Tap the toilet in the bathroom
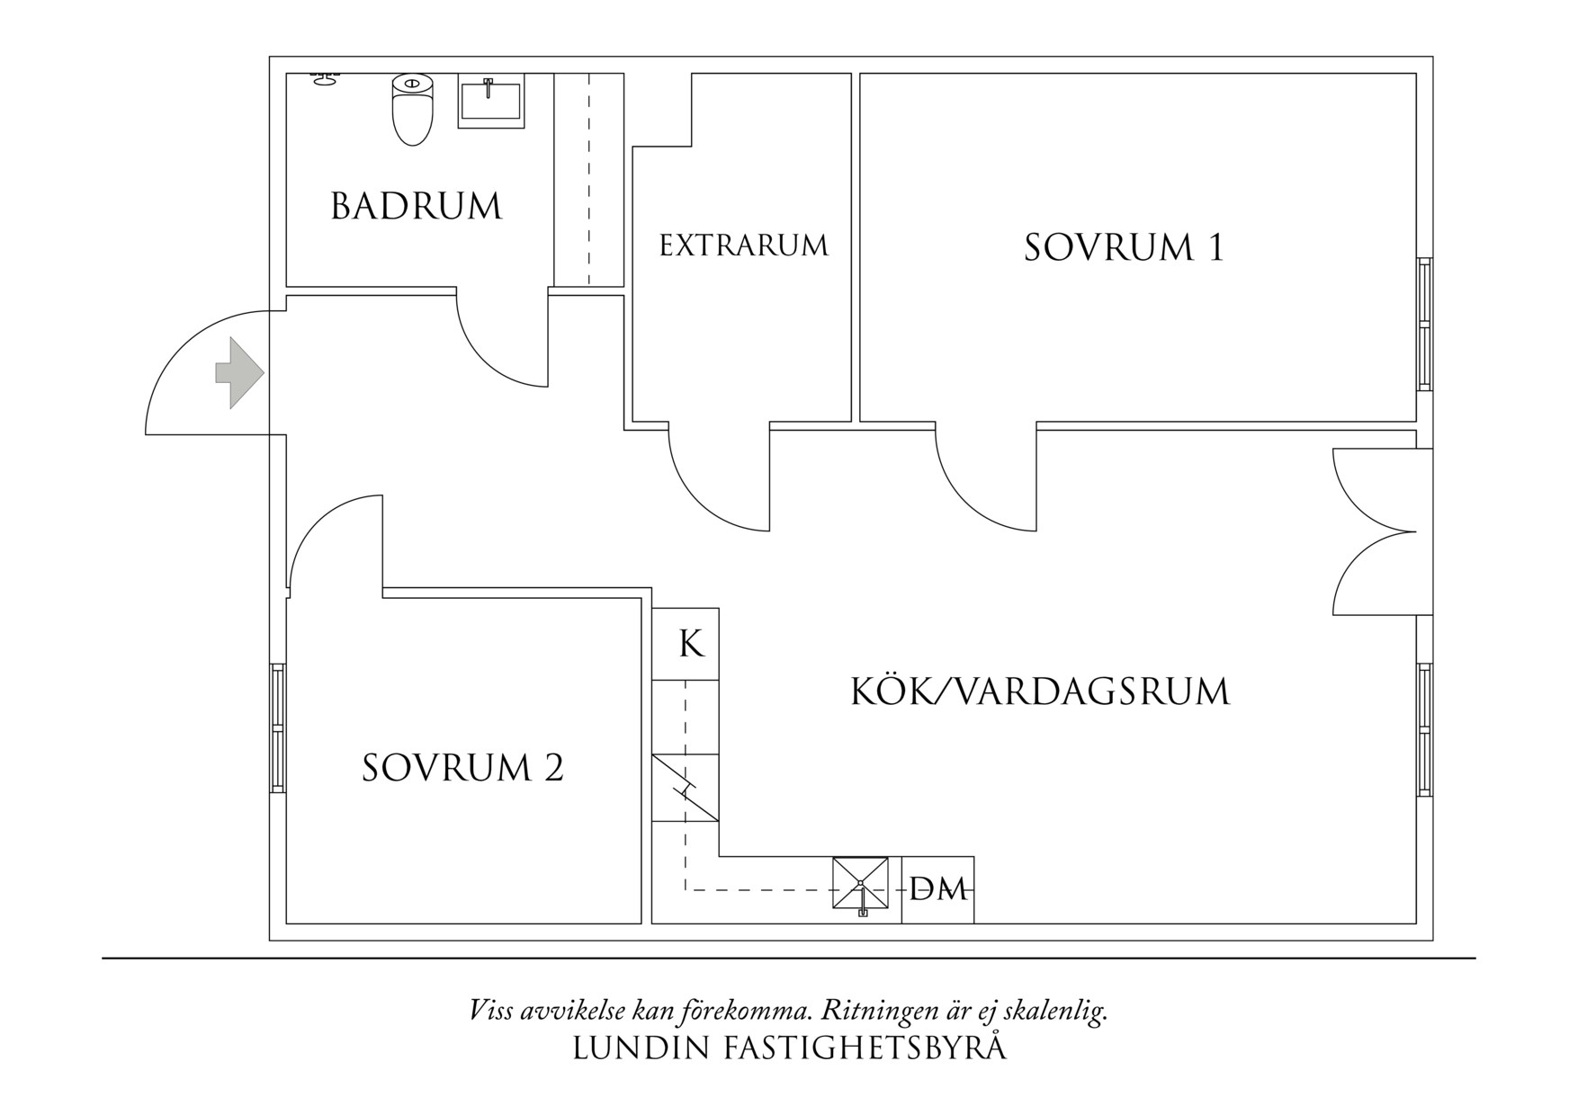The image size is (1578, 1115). (x=412, y=110)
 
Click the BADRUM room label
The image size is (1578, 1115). (x=416, y=207)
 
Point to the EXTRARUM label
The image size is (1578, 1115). (x=743, y=245)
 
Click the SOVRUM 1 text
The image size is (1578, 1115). (x=1124, y=247)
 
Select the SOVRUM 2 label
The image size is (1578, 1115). (x=462, y=768)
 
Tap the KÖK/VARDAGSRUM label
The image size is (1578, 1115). (x=1039, y=691)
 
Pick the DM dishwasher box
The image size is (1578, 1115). (x=937, y=889)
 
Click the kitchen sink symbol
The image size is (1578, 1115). (x=860, y=885)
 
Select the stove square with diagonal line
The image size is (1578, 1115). (x=686, y=788)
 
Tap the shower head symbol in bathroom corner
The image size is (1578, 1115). (x=324, y=80)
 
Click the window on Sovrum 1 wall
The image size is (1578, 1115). (x=1423, y=324)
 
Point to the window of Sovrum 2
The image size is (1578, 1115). (x=278, y=728)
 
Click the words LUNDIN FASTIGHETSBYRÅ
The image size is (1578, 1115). (x=789, y=1048)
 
